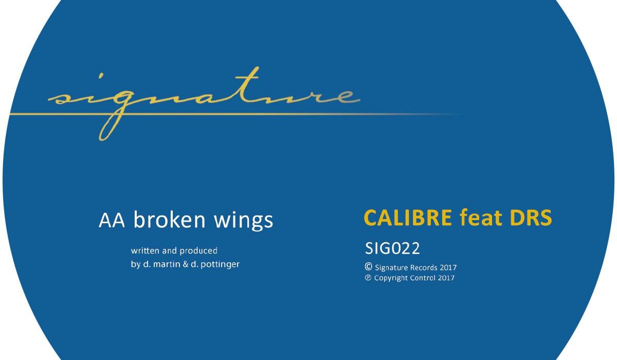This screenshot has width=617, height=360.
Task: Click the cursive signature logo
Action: coord(204,103)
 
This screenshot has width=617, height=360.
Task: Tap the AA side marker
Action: coord(112,220)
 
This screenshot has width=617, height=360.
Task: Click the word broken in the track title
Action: coord(169,220)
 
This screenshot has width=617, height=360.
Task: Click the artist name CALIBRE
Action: coord(408,218)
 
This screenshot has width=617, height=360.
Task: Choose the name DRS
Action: coord(531,218)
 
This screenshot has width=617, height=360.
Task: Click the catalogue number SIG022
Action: coord(392,248)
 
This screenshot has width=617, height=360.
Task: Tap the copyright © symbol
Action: coord(368,266)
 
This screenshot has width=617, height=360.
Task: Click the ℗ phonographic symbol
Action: coord(368,277)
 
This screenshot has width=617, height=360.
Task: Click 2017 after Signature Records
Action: coord(448,267)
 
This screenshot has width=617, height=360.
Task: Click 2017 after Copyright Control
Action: coord(446,278)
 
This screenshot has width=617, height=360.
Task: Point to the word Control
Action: coord(423,278)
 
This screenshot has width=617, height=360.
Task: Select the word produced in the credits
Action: coord(198,251)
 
